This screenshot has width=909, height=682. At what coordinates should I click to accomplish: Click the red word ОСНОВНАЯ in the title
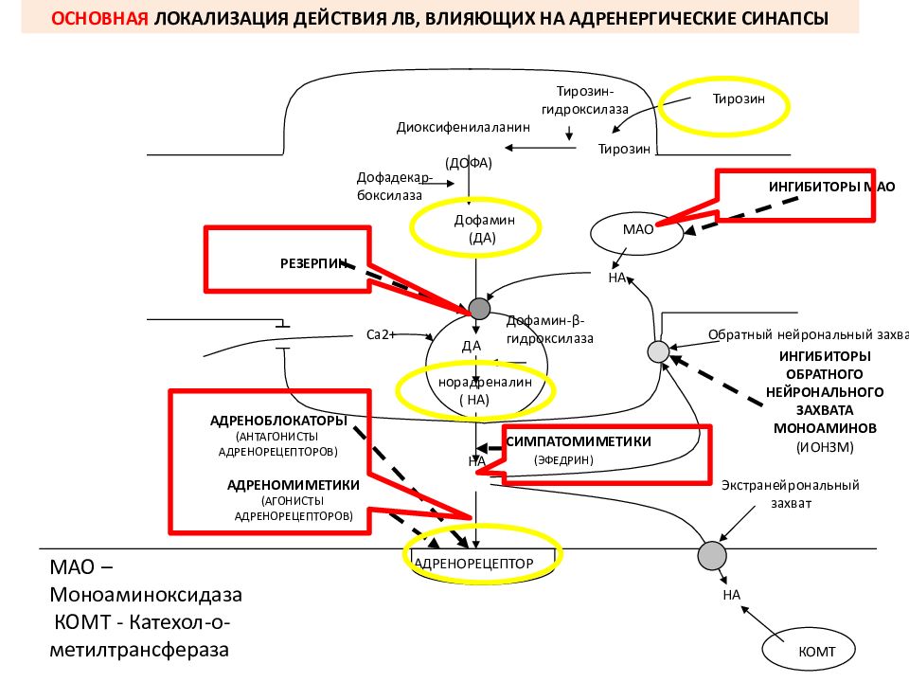[99, 19]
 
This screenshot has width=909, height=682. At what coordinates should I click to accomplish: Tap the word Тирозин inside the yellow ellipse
[738, 99]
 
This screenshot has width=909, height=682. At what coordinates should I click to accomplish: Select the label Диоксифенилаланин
[463, 128]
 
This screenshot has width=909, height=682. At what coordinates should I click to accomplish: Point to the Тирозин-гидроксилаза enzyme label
[584, 99]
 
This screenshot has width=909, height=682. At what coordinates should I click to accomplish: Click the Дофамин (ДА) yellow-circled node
[484, 228]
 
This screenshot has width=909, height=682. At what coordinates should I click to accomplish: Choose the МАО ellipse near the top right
[636, 233]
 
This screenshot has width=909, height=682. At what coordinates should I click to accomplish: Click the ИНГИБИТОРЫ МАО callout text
[831, 187]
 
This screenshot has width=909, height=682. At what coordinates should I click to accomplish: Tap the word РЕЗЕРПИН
[313, 264]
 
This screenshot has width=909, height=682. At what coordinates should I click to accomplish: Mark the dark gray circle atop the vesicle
[479, 309]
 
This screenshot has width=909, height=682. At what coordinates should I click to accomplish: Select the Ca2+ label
[381, 334]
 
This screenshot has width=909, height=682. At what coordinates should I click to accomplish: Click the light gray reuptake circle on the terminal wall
[658, 351]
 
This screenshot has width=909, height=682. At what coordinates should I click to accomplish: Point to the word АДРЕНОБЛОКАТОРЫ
[278, 421]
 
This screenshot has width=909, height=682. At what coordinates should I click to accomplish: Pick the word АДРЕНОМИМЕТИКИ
[294, 485]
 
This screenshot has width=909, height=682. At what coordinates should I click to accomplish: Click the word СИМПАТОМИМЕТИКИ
[579, 441]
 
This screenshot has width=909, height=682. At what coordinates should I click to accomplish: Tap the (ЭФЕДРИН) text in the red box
[563, 460]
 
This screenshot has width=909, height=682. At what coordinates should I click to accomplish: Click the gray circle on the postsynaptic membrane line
[712, 556]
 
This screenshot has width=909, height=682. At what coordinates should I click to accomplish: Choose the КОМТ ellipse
[808, 651]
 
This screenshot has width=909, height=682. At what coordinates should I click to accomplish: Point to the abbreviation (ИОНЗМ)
[825, 447]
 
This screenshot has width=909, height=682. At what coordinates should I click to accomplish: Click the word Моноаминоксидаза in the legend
[146, 595]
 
